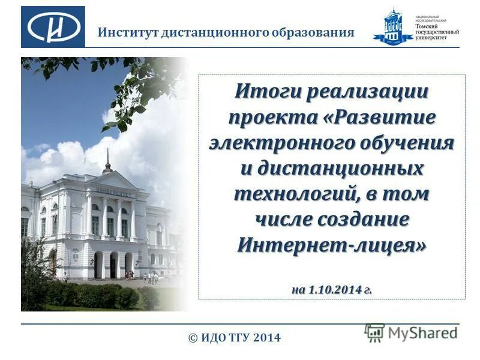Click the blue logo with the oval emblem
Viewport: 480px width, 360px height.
coord(53,27)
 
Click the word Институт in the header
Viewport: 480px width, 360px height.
coord(128,32)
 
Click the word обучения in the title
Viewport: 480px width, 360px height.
coord(406,143)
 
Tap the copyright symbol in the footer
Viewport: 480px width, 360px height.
coord(193,338)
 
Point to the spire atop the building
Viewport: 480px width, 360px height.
coord(108,159)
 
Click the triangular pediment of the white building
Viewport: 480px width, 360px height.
coord(114,180)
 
